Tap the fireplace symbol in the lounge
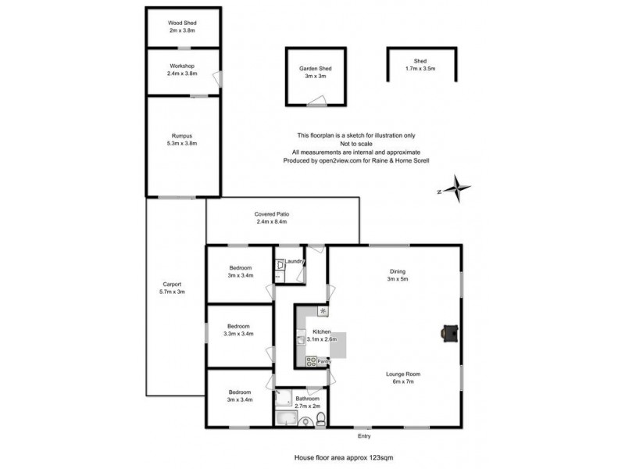[449, 332]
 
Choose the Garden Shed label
[316, 69]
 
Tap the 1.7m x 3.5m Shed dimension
[420, 69]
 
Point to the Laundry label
[294, 261]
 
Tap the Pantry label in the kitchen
[324, 361]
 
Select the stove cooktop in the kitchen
[310, 360]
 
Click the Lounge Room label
[404, 374]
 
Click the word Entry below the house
[364, 436]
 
